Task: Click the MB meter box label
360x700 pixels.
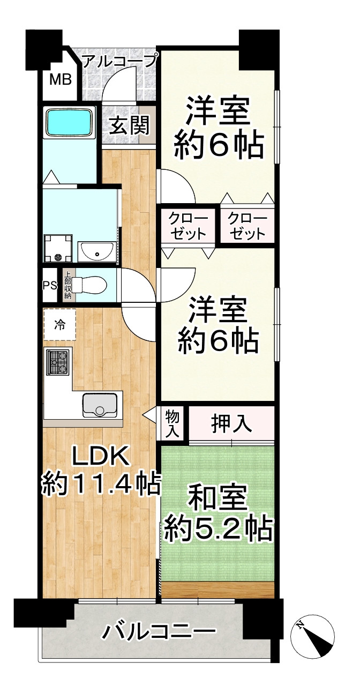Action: pos(60,80)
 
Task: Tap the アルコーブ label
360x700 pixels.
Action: pos(119,59)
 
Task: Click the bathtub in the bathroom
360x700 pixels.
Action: pos(69,123)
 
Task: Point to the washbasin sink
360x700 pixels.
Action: pos(96,250)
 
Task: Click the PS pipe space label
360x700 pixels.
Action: pos(50,285)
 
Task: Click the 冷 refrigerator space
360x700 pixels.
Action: pos(59,324)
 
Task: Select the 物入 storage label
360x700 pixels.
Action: pos(173,422)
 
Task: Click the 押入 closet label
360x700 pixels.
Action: pos(231,424)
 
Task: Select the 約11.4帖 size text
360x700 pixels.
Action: pos(101,486)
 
